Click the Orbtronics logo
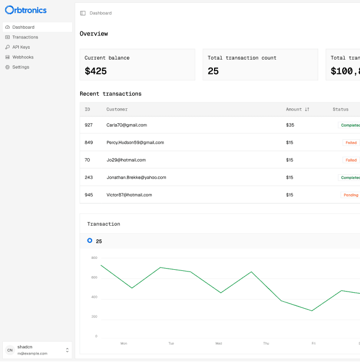(x=26, y=10)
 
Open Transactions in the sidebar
(x=25, y=37)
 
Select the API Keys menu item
(x=21, y=47)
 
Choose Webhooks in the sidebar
(x=22, y=57)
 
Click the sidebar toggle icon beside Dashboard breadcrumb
(x=83, y=13)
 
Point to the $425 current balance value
(x=96, y=71)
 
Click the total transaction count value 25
(x=213, y=71)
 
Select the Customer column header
(x=117, y=109)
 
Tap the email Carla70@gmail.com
(x=126, y=125)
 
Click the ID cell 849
(x=89, y=143)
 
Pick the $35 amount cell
(x=290, y=125)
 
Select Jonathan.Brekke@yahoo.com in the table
(x=136, y=178)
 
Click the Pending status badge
(x=350, y=195)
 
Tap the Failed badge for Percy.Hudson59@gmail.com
(x=351, y=143)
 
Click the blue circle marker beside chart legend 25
(x=89, y=241)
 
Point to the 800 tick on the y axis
(x=94, y=258)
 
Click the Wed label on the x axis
(x=219, y=343)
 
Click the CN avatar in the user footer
(x=10, y=349)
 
